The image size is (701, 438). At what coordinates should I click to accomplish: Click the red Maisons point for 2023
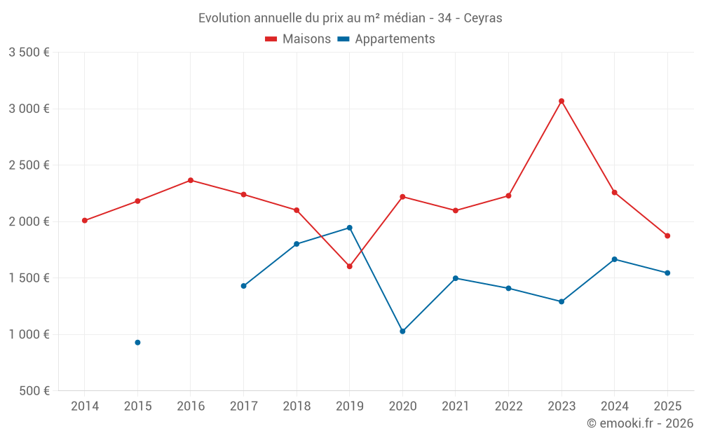(562, 101)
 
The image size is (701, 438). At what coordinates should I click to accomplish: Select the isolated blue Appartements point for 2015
(137, 343)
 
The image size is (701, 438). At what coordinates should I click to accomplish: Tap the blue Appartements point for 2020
(402, 331)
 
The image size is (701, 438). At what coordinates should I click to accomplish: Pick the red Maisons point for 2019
(349, 266)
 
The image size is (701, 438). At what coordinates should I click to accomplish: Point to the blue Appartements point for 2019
(349, 228)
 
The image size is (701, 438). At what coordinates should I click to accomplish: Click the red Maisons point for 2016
(191, 180)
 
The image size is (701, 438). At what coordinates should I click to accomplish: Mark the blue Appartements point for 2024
(615, 259)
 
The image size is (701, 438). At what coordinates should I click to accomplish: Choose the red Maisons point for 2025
(667, 235)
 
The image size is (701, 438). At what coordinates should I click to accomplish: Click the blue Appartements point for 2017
(243, 286)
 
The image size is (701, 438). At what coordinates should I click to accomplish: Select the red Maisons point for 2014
(84, 221)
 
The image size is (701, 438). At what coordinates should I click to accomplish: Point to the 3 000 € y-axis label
(29, 109)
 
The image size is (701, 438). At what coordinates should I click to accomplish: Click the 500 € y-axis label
(34, 391)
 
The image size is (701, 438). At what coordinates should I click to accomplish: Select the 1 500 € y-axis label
(29, 278)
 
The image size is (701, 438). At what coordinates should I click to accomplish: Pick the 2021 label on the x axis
(456, 406)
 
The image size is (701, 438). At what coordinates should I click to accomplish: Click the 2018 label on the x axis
(297, 406)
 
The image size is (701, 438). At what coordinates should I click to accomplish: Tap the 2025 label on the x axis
(667, 406)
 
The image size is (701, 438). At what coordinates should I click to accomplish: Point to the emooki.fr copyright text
(640, 423)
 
